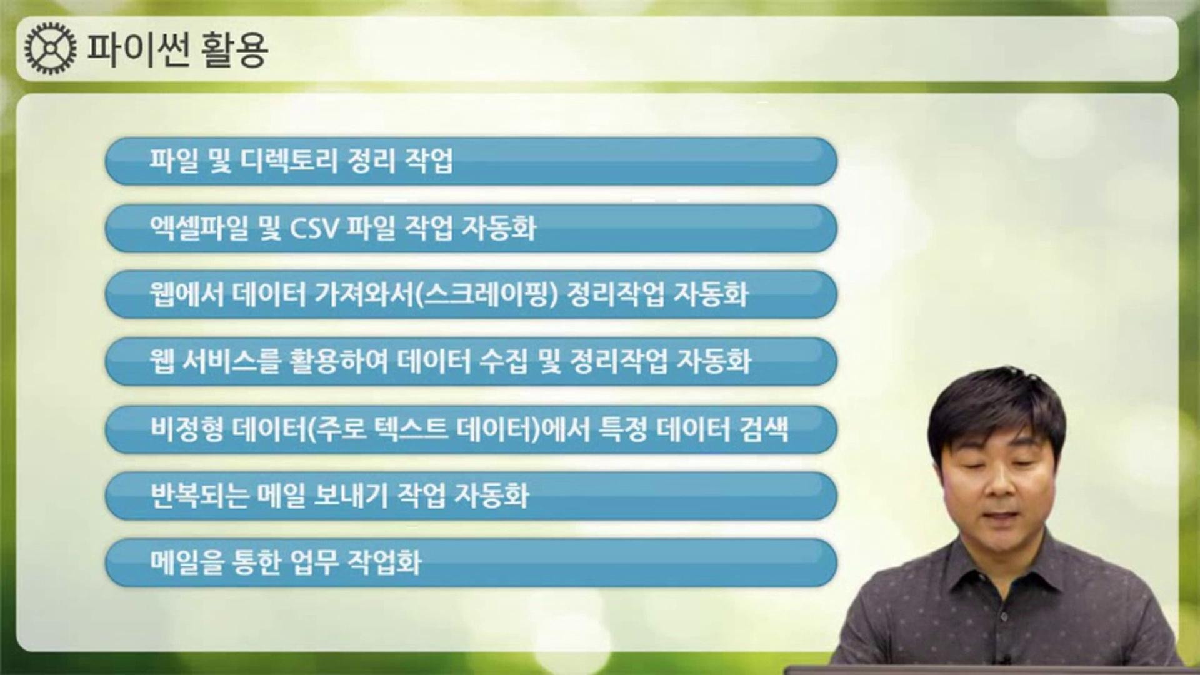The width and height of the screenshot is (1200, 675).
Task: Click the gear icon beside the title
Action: point(51,48)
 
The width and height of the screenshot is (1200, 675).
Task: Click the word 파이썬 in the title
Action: point(137,49)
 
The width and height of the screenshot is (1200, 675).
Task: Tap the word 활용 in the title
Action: point(235,49)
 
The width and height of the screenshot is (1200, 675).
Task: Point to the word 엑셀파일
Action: point(199,228)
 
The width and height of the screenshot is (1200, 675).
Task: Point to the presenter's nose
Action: point(995,487)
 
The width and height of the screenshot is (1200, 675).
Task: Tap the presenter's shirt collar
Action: point(1000,562)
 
